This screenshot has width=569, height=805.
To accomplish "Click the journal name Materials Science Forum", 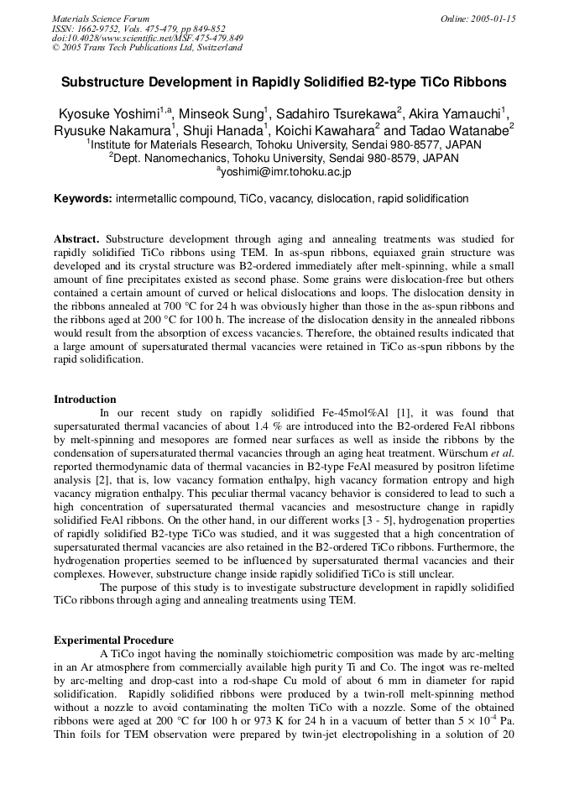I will click(101, 18).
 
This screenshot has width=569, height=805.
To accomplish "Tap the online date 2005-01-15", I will click(478, 18).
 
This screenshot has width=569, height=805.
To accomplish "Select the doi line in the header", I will click(148, 38).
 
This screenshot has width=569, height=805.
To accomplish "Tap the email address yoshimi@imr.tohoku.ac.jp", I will click(286, 171).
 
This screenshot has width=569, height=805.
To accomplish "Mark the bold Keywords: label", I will click(83, 199).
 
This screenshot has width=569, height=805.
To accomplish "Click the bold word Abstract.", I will click(76, 239).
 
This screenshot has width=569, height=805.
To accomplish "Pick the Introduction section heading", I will click(85, 399).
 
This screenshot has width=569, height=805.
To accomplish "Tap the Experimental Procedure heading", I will click(113, 640).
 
